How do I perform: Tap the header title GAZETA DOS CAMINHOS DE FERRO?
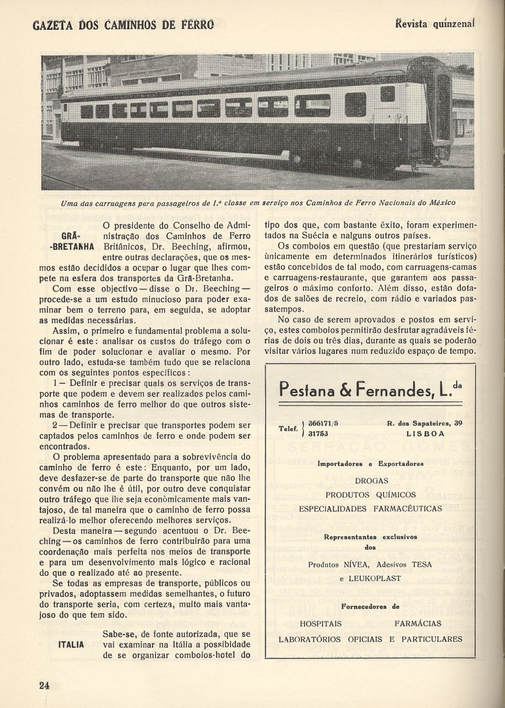click(123, 25)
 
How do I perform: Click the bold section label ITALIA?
click(71, 645)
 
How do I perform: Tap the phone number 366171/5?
click(324, 424)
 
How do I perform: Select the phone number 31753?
click(319, 433)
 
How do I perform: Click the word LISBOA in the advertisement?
click(425, 433)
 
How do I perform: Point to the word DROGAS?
click(371, 481)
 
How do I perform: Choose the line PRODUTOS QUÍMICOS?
click(371, 495)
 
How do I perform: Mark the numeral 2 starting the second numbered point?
click(55, 425)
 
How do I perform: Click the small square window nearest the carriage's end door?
click(387, 94)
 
